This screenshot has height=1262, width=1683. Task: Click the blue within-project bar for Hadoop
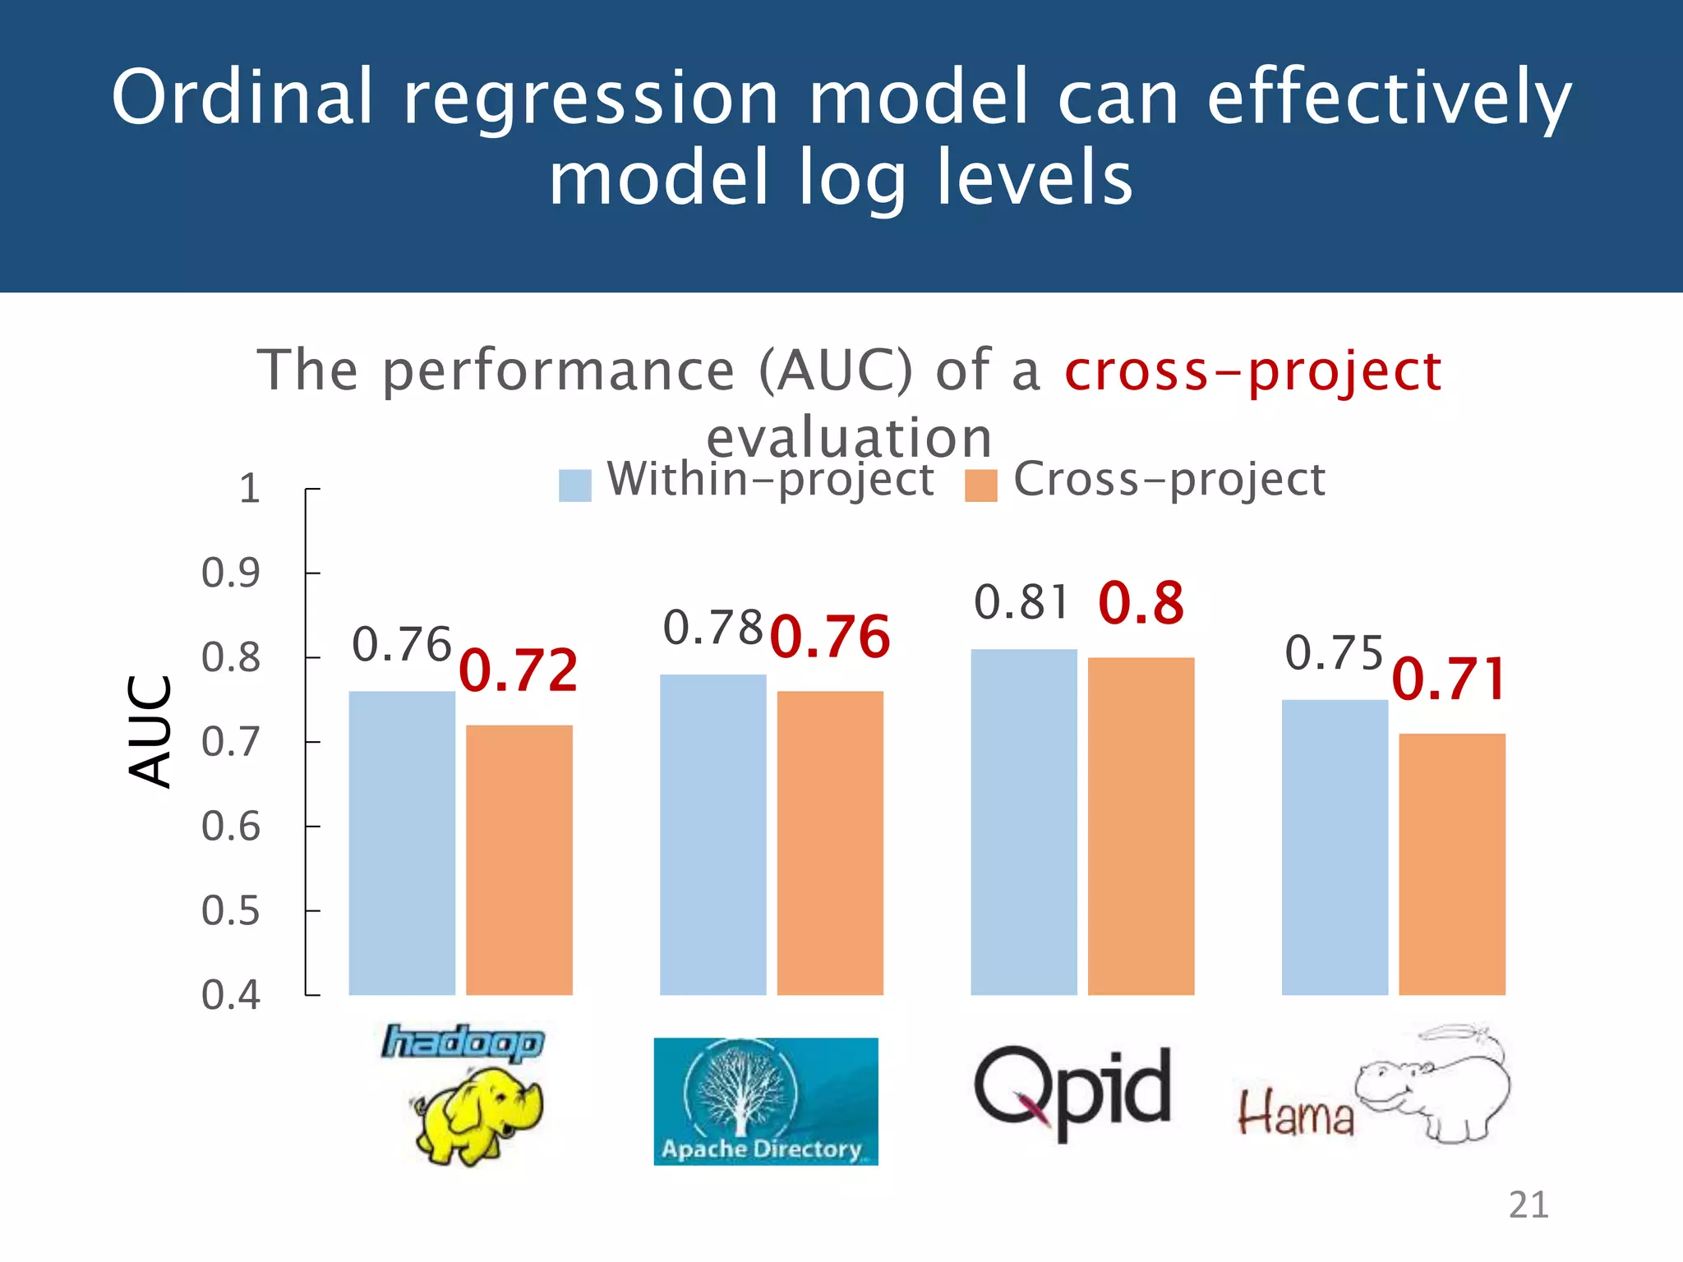point(402,842)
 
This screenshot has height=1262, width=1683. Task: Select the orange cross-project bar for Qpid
point(1141,826)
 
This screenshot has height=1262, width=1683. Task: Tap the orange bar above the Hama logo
point(1452,863)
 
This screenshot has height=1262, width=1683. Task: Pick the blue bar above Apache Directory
point(712,834)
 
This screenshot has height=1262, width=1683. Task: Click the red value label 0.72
point(519,670)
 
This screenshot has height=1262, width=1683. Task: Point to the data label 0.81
point(1021,602)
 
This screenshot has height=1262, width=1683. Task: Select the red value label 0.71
point(1450,679)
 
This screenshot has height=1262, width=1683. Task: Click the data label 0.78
point(712,629)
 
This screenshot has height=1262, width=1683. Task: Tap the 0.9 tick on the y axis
point(231,573)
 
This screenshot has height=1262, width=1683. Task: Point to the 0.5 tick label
point(231,910)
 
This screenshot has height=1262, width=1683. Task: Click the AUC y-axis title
point(151,731)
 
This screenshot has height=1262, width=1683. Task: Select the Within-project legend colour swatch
point(574,486)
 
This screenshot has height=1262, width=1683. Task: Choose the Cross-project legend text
point(1169,479)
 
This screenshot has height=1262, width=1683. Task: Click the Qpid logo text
point(1072,1089)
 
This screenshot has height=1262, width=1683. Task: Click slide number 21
point(1528,1205)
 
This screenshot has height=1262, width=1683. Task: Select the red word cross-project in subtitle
point(1252,371)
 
